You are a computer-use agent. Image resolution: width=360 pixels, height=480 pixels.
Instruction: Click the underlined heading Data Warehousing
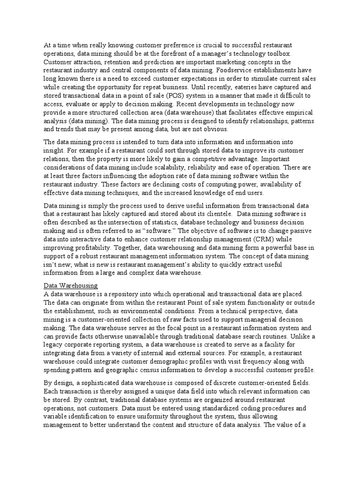(70, 285)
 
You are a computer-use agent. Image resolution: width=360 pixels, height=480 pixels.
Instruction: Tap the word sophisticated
(106, 383)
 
